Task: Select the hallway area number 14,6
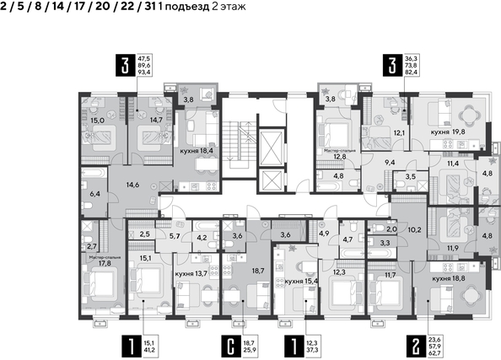[132, 184]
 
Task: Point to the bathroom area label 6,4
[94, 194]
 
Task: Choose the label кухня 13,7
[191, 274]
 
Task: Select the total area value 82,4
[412, 73]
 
